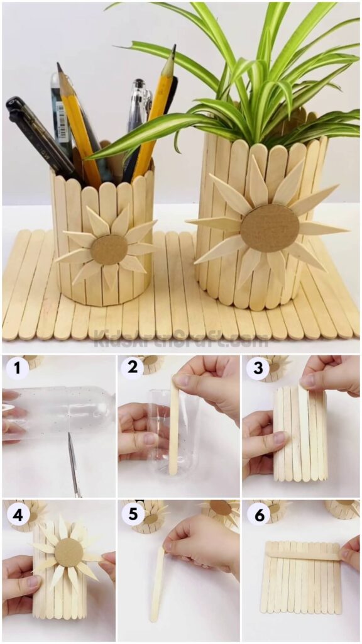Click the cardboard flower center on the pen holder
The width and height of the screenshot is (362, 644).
[109, 250]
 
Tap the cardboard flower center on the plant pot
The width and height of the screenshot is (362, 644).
[270, 228]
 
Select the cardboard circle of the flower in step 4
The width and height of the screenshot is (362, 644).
[69, 552]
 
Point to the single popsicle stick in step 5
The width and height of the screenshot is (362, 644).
[156, 584]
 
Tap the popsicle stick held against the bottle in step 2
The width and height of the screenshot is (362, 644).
[173, 428]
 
